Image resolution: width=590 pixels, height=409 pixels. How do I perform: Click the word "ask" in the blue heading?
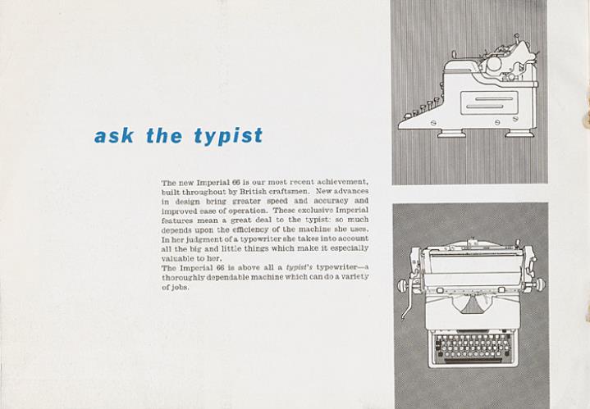(x=113, y=135)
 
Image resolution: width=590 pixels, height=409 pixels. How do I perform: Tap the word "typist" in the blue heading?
(x=228, y=136)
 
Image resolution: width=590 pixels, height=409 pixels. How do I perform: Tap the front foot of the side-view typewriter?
(x=451, y=133)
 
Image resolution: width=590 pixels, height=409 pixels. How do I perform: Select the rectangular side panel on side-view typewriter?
(x=489, y=103)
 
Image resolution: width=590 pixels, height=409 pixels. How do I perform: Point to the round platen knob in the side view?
(x=494, y=64)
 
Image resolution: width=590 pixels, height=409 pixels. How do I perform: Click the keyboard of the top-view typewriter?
(x=472, y=346)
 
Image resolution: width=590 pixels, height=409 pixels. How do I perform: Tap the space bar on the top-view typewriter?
(x=472, y=361)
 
